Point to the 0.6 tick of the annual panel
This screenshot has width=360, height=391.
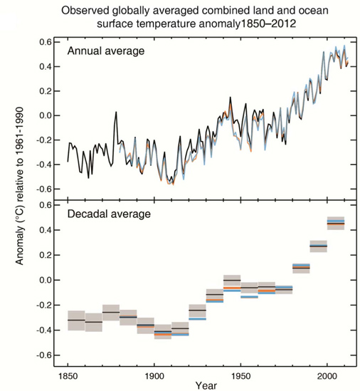coord(46,42)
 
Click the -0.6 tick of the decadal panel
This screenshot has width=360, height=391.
coord(43,355)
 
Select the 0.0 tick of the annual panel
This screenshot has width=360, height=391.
coord(46,115)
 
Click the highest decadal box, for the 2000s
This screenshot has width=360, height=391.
coord(335,223)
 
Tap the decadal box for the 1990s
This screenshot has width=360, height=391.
coord(318,246)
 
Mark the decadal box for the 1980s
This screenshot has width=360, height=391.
coord(301,268)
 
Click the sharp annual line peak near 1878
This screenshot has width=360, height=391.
coord(116,113)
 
